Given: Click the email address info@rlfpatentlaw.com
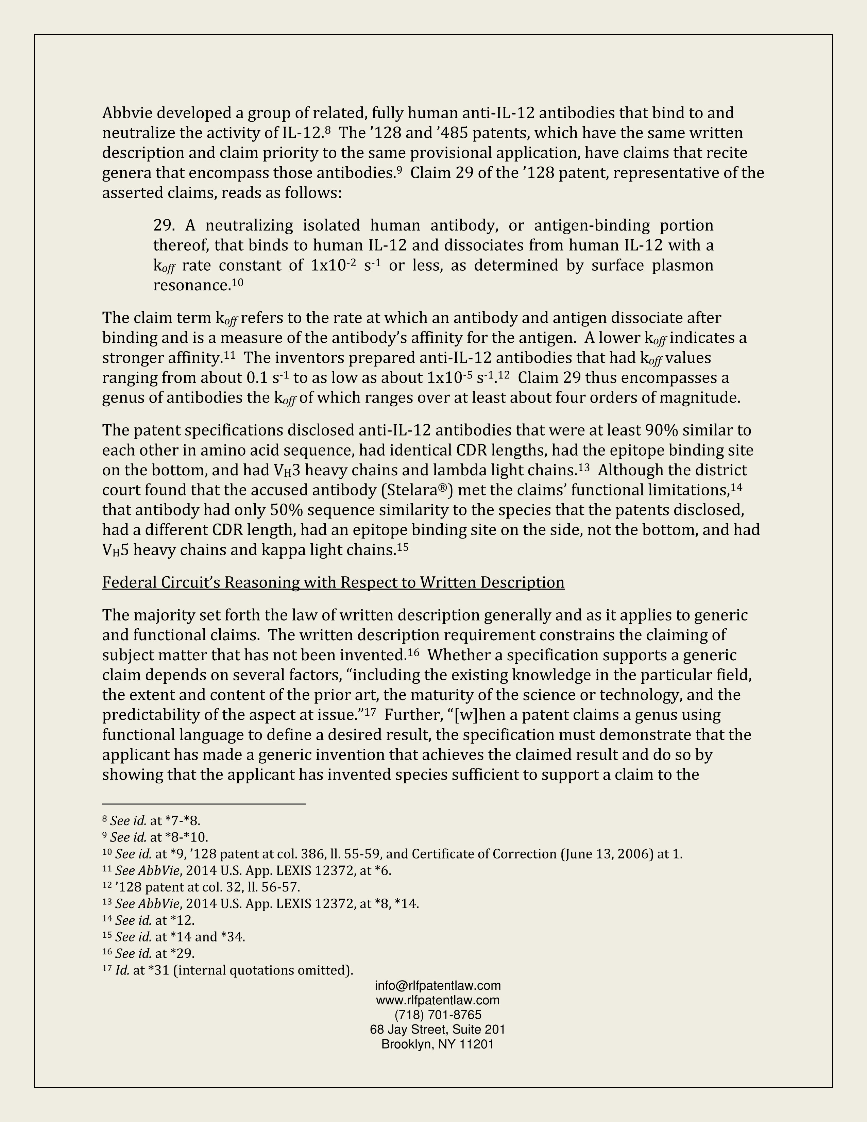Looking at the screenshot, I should (438, 985).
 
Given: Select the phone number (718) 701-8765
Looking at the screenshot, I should (438, 1015).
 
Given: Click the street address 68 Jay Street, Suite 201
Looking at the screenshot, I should (438, 1029).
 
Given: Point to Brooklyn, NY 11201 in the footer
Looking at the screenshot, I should (438, 1044).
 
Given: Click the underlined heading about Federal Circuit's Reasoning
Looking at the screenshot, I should (333, 582).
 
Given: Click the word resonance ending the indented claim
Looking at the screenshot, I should (191, 286).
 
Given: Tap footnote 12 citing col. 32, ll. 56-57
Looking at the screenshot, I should (201, 887).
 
